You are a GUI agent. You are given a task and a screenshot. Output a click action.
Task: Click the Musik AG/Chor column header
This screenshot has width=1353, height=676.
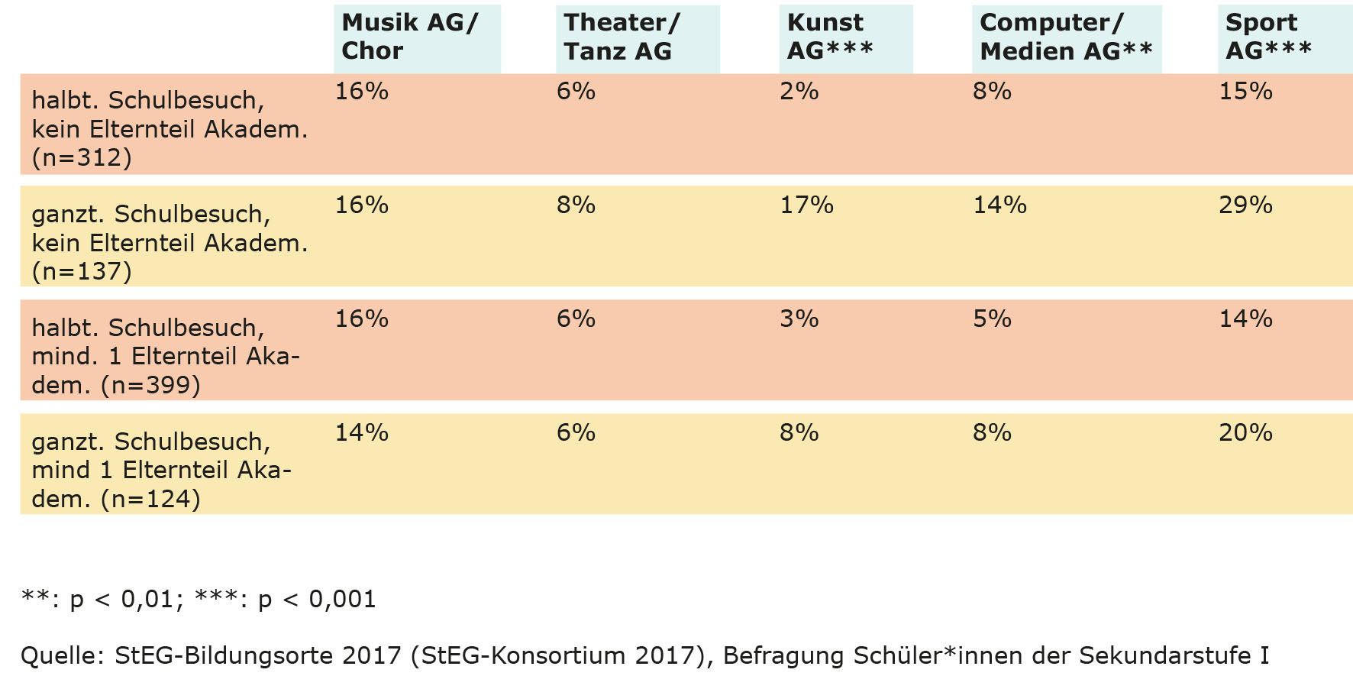(409, 37)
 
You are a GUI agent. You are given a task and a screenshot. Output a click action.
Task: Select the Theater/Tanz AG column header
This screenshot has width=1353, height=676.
(621, 37)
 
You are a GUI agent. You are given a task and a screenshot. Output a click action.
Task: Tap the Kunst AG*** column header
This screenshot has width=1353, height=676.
(830, 37)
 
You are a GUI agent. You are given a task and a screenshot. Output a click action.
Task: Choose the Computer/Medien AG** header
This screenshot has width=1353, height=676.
(1065, 37)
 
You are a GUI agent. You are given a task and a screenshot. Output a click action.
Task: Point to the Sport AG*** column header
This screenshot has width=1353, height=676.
(1267, 37)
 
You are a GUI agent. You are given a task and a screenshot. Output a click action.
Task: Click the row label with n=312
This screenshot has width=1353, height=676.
(170, 128)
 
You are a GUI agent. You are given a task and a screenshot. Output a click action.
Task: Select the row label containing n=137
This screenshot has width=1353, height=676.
(170, 242)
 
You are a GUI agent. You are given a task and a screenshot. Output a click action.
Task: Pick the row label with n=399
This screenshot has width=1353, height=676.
(166, 356)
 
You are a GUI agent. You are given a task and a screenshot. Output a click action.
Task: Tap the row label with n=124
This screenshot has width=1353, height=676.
(162, 470)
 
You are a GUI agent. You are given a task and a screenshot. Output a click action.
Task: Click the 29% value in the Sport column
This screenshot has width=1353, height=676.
(1245, 205)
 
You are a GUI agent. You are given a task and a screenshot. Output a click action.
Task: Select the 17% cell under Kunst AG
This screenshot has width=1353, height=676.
(806, 205)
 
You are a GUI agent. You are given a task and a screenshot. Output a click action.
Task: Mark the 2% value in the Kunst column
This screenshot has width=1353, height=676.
(799, 92)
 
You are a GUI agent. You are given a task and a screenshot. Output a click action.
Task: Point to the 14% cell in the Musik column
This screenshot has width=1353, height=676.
(361, 433)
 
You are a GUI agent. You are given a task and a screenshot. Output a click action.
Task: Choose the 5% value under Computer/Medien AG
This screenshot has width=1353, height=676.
(992, 319)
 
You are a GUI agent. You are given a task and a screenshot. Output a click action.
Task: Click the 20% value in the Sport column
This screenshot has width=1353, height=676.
(1245, 433)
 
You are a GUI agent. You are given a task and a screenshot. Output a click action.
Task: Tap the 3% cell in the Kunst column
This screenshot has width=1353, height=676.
(799, 319)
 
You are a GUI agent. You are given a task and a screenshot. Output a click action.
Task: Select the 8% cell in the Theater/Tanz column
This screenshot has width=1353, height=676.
(576, 205)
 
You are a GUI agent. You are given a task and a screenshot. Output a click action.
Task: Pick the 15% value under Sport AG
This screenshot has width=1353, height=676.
(1245, 92)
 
